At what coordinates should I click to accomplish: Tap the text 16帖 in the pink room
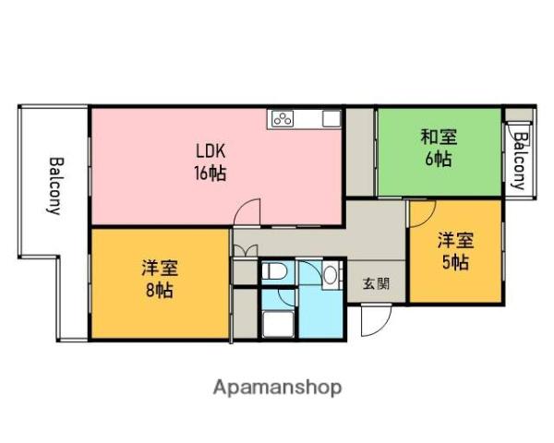pos(211,173)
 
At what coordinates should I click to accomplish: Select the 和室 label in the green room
pos(438,138)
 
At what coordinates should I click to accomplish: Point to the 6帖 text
pos(438,159)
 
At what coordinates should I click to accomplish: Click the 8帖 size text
pos(159,290)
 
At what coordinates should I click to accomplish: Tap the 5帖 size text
pos(455,261)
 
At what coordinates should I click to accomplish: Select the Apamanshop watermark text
pos(277,387)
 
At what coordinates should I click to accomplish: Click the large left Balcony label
pos(54,185)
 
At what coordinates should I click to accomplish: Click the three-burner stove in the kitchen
pos(282,118)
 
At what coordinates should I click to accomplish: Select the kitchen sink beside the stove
pos(330,118)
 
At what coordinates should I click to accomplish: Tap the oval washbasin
pos(330,274)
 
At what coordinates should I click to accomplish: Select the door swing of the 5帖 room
pos(421,214)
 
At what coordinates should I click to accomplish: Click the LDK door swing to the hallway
pos(247,213)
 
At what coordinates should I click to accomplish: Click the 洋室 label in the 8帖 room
pos(159,269)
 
